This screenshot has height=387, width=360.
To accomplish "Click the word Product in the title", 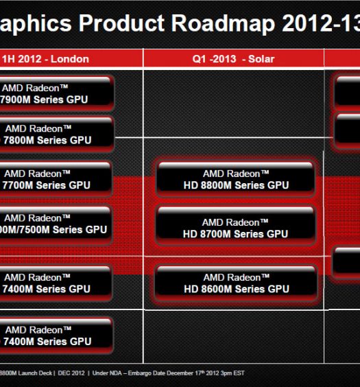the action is pyautogui.click(x=121, y=23).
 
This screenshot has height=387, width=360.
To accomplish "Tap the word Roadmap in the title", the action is pyautogui.click(x=223, y=24).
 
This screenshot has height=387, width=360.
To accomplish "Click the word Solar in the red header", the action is pyautogui.click(x=261, y=59).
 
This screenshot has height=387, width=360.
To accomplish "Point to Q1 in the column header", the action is pyautogui.click(x=199, y=59).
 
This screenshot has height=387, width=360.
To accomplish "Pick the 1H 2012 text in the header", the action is pyautogui.click(x=22, y=59).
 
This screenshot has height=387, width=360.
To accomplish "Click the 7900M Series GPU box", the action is pyautogui.click(x=56, y=94).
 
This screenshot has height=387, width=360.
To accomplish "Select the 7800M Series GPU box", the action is pyautogui.click(x=56, y=134).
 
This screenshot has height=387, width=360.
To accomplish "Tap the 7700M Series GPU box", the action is pyautogui.click(x=55, y=179).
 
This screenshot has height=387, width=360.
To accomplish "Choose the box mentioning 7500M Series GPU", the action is pyautogui.click(x=55, y=224).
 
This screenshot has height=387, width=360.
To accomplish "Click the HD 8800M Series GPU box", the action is pyautogui.click(x=236, y=179).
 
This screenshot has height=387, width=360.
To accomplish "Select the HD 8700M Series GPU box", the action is pyautogui.click(x=236, y=226).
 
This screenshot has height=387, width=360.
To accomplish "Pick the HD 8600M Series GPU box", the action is pyautogui.click(x=236, y=283).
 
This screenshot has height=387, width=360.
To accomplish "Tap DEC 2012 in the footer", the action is pyautogui.click(x=71, y=373).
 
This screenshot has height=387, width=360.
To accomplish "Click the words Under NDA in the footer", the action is pyautogui.click(x=107, y=373).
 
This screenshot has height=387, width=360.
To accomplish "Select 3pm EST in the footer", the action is pyautogui.click(x=232, y=373).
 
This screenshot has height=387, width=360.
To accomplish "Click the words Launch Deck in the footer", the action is pyautogui.click(x=35, y=373).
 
